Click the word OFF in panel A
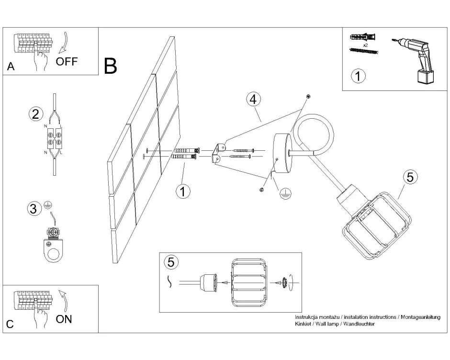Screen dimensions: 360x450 (x=66, y=62)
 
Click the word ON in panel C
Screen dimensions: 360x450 (x=64, y=319)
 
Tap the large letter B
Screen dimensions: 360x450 (x=111, y=66)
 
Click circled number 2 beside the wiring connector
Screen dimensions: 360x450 (x=35, y=114)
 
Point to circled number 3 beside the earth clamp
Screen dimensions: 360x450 (x=33, y=209)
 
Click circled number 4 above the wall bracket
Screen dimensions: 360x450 (x=254, y=99)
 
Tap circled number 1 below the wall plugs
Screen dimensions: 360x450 (x=182, y=192)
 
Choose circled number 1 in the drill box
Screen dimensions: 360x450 (x=358, y=76)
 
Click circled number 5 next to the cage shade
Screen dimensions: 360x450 (x=409, y=177)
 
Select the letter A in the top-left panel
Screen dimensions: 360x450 (x=11, y=67)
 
